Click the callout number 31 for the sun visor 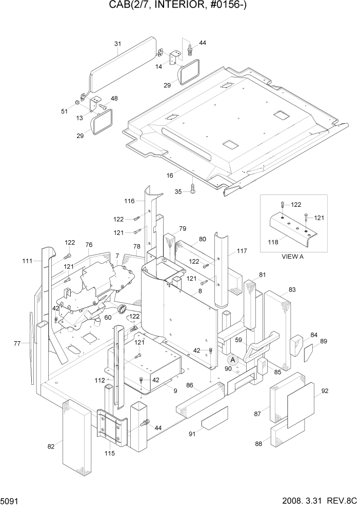point(117,44)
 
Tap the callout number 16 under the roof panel point(170,175)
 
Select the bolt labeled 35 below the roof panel point(193,189)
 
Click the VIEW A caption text point(293,257)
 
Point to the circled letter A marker point(233,360)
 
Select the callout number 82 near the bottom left point(50,446)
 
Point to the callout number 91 point(192,434)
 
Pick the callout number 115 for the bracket point(109,453)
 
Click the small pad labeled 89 point(309,353)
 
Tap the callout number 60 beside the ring point(108,318)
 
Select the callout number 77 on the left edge point(16,343)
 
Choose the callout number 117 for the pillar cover point(242,251)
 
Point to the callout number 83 point(292,290)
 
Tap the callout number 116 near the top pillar point(129,201)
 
